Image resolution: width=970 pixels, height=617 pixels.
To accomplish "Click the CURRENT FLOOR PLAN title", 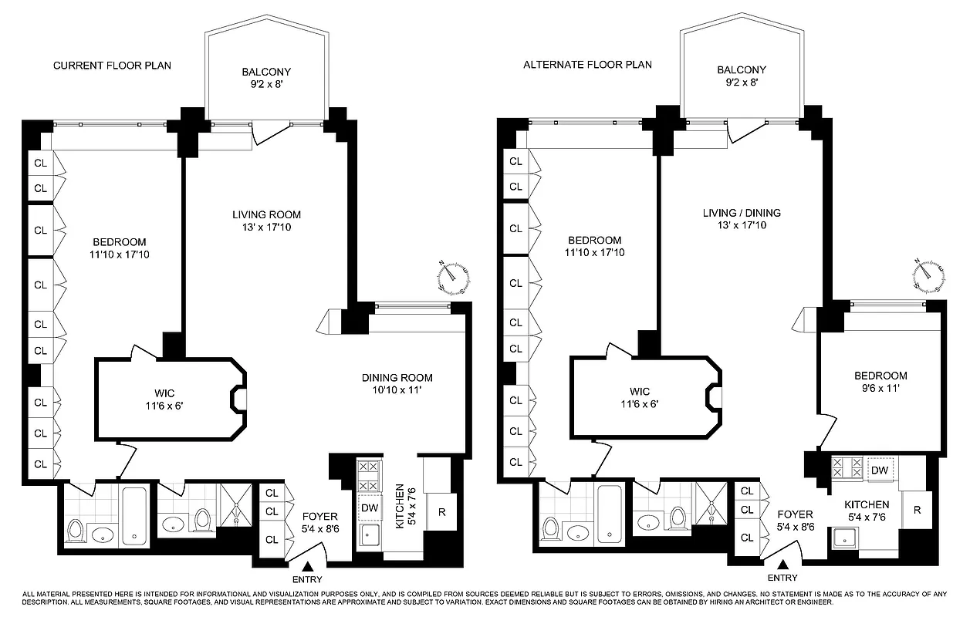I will [112, 66].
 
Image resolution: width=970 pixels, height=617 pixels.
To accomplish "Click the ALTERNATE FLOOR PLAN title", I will [587, 65].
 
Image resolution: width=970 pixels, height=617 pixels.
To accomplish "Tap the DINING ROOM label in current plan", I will [397, 378].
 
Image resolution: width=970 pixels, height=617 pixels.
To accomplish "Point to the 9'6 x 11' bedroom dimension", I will [880, 389].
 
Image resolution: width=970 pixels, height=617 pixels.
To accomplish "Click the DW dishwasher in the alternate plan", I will [880, 470].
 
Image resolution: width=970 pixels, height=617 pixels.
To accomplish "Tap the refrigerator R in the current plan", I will [441, 511].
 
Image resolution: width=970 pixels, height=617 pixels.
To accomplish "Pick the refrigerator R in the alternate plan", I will [916, 510].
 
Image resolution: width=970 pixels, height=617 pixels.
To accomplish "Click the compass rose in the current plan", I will [454, 278].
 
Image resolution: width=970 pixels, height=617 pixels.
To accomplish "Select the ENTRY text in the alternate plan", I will [782, 578].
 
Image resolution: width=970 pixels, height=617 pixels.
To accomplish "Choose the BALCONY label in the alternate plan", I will [741, 69].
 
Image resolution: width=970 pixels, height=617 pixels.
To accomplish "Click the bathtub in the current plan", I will [136, 516].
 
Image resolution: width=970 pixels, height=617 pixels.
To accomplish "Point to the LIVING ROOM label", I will [266, 214].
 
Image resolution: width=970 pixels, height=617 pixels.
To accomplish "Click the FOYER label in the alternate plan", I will [795, 514].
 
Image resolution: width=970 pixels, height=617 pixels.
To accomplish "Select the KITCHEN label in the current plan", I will [400, 506].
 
